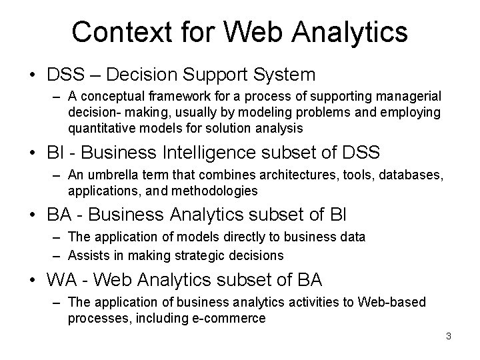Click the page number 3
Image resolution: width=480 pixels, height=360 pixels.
(x=449, y=336)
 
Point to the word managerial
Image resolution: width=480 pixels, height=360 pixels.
(x=407, y=97)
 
